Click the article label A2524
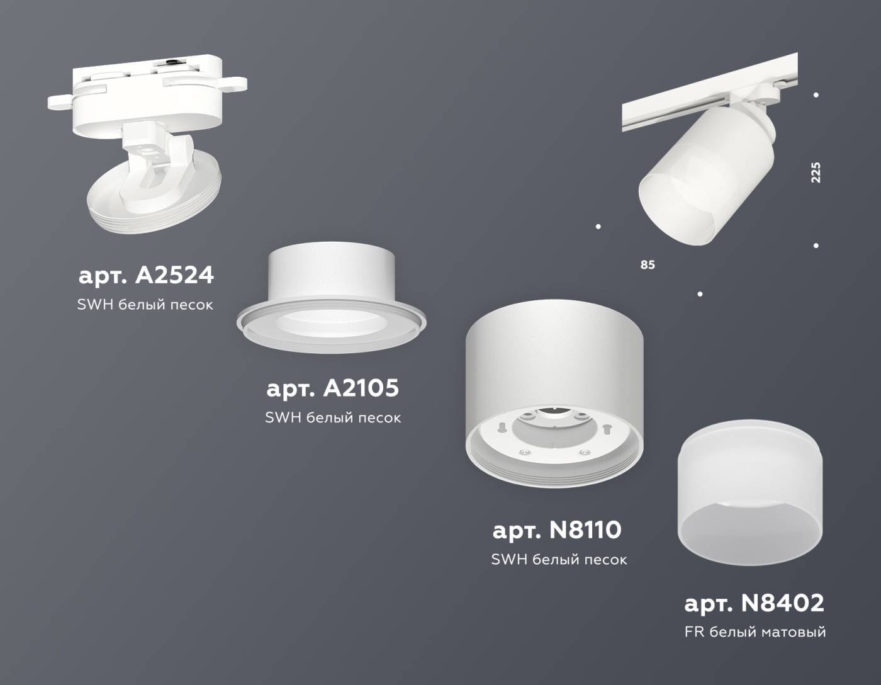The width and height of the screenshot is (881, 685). (x=146, y=275)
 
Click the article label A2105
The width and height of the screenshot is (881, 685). (x=332, y=388)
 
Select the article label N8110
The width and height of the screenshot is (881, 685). (x=557, y=530)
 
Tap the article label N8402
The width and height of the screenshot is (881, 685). (x=754, y=603)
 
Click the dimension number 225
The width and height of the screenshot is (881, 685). (x=816, y=173)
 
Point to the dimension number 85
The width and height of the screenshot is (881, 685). (x=648, y=265)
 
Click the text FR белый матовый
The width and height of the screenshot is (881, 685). (x=755, y=631)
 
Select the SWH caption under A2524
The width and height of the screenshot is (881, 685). (x=145, y=305)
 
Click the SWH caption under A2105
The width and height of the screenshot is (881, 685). (x=332, y=417)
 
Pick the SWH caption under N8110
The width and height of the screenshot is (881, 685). (x=559, y=559)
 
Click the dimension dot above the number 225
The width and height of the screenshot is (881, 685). (x=816, y=95)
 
